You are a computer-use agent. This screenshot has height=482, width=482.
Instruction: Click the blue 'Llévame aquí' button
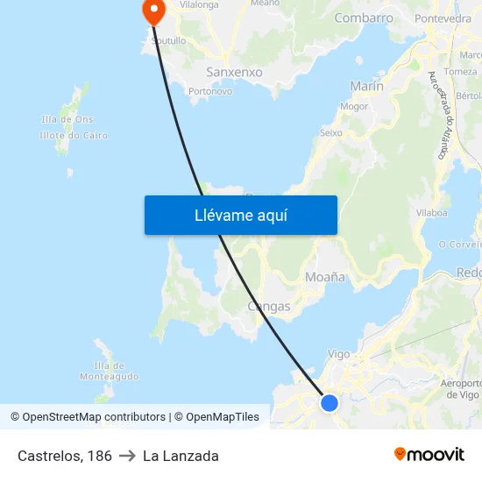[x=240, y=215]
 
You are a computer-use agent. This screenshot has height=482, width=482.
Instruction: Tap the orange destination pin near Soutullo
[x=153, y=11]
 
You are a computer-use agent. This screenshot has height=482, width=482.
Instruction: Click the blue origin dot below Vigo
[x=330, y=402]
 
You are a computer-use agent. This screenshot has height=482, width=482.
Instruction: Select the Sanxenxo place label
[x=234, y=72]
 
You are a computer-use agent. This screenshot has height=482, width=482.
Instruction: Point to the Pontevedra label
[x=443, y=18]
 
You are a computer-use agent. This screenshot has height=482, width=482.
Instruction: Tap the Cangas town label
[x=269, y=307]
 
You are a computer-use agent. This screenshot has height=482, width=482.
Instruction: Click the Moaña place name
[x=324, y=277]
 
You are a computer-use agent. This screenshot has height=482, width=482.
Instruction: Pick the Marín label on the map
[x=366, y=86]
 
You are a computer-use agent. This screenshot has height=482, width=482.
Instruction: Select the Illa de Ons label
[x=67, y=119]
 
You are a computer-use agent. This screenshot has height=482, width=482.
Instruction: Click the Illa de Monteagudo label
[x=109, y=371]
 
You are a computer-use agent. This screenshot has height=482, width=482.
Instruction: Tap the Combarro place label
[x=363, y=18]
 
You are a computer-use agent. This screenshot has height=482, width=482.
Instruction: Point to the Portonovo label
[x=210, y=90]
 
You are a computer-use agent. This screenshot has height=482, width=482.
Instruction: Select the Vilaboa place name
[x=432, y=212]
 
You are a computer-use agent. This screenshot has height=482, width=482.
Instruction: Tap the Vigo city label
[x=338, y=354]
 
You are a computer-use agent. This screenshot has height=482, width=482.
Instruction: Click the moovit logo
[x=429, y=455]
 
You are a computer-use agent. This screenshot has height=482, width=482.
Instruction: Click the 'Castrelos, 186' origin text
[x=65, y=456]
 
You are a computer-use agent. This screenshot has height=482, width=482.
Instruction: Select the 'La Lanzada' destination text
[x=181, y=456]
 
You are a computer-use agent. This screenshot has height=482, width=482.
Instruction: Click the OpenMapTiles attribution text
[x=223, y=417]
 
